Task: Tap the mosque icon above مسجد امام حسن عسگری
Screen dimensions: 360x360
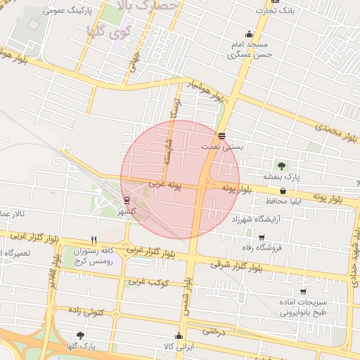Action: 249,34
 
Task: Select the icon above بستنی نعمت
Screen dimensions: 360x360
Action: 222,136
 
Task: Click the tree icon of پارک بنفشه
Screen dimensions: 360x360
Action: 281,166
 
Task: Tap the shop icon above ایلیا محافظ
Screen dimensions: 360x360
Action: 283,191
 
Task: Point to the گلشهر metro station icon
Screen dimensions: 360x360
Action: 127,200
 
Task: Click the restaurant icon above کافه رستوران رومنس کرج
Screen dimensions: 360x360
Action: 94,240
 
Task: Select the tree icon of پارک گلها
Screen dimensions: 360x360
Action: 79,335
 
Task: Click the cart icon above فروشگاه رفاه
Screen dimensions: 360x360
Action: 262,237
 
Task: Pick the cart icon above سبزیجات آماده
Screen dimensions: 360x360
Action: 303,291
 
